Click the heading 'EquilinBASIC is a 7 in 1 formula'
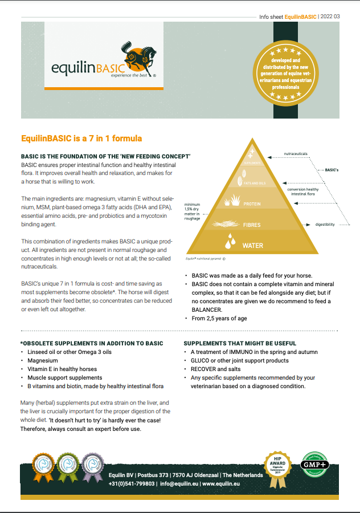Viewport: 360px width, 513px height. pyautogui.click(x=81, y=139)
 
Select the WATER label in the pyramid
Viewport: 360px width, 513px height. pyautogui.click(x=253, y=246)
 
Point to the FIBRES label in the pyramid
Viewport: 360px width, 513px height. pyautogui.click(x=252, y=225)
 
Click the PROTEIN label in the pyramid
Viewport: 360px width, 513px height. pyautogui.click(x=252, y=203)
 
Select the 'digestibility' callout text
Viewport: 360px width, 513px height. pyautogui.click(x=325, y=225)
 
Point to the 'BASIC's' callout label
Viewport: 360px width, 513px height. pyautogui.click(x=332, y=170)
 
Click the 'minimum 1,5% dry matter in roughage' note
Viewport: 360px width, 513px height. pyautogui.click(x=192, y=211)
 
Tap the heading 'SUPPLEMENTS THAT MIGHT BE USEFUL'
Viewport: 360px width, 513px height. pyautogui.click(x=240, y=343)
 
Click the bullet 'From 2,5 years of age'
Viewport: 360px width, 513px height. pyautogui.click(x=219, y=318)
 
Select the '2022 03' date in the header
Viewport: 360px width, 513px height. pyautogui.click(x=330, y=17)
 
